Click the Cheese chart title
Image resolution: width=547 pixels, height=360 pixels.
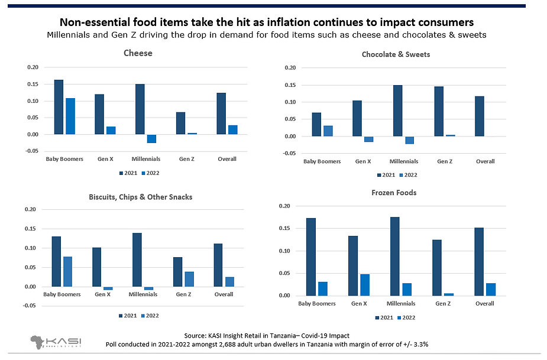tap(138, 53)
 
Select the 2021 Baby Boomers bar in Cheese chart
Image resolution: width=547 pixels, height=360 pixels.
tap(59, 107)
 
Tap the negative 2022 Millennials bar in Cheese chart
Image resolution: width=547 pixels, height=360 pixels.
tap(151, 138)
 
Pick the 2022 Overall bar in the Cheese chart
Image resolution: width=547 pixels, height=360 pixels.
tap(233, 129)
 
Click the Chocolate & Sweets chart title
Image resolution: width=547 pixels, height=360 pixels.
tap(396, 54)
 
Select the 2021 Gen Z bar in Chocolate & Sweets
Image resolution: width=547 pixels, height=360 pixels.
tap(439, 111)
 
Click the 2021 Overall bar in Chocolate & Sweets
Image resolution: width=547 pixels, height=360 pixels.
tap(480, 116)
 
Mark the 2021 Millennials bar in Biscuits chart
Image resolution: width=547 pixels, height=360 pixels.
tap(137, 260)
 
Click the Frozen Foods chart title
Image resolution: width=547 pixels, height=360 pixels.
tap(394, 193)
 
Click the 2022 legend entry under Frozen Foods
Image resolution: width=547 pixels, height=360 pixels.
tap(407, 317)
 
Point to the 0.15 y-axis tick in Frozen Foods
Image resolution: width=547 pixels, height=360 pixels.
tap(284, 228)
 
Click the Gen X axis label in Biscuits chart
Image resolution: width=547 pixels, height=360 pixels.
tap(103, 294)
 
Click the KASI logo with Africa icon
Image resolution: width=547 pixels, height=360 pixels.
tap(56, 342)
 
